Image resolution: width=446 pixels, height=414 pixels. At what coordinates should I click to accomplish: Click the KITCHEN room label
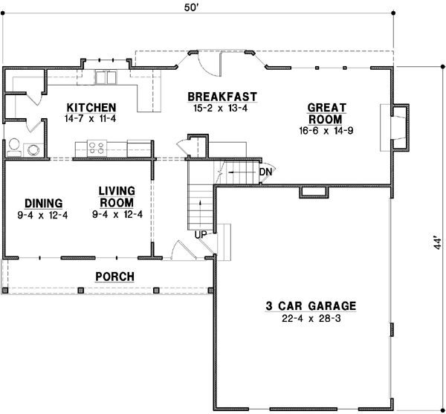tap(90, 107)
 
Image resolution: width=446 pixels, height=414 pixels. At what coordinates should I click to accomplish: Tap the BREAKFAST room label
tap(222, 97)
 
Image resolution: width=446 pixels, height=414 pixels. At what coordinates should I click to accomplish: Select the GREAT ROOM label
tap(325, 114)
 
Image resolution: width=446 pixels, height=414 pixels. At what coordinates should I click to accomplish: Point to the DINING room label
tap(43, 203)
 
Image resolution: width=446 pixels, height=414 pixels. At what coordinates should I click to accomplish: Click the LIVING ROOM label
tap(116, 197)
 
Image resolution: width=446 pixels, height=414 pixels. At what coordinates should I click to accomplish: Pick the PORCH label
tap(114, 277)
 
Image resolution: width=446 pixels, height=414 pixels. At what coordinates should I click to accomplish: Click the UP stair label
tap(201, 235)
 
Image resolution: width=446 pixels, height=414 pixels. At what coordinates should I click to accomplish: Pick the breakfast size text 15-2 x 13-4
tap(222, 109)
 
